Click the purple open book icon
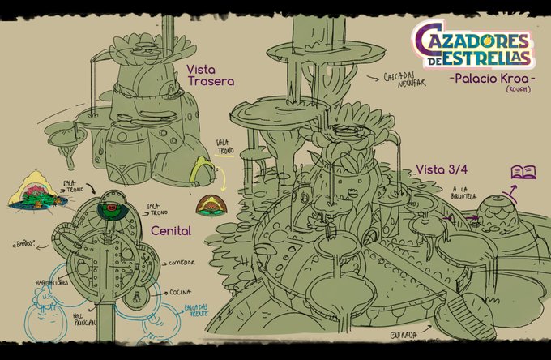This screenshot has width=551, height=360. pos(523,171)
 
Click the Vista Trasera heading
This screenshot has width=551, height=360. pos(211,75)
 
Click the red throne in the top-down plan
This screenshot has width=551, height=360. pos(109,211)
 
